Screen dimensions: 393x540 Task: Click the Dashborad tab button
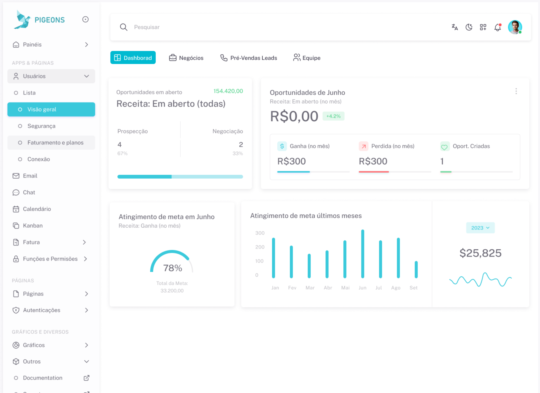click(133, 58)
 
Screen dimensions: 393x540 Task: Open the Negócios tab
click(186, 58)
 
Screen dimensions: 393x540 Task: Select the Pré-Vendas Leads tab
click(249, 58)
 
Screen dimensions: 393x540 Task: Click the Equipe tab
click(307, 58)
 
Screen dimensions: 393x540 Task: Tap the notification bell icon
click(497, 27)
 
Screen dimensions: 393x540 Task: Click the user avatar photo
click(515, 27)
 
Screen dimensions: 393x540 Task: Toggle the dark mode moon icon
click(469, 27)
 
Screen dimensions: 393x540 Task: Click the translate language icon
click(454, 27)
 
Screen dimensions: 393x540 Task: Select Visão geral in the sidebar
click(51, 109)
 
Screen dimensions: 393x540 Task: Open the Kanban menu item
click(33, 226)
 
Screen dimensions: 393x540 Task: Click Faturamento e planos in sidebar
click(55, 143)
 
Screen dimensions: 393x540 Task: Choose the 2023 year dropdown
click(480, 228)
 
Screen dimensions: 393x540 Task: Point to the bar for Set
click(416, 270)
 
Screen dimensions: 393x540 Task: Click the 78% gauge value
click(173, 268)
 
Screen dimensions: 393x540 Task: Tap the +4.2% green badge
click(333, 116)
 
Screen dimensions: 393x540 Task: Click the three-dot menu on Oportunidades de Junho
click(516, 91)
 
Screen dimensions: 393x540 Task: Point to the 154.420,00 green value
click(228, 91)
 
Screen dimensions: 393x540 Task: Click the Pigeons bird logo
click(22, 20)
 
